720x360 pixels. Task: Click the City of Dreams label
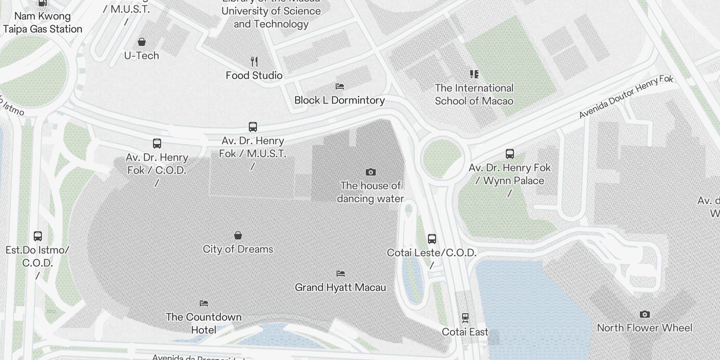click(238, 249)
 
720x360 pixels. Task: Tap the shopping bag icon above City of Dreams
click(238, 235)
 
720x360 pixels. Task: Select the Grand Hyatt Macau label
click(340, 288)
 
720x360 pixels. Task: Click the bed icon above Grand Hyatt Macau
click(341, 273)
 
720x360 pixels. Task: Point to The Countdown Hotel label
click(203, 323)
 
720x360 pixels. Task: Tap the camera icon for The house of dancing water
click(370, 172)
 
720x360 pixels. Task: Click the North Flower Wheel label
click(644, 328)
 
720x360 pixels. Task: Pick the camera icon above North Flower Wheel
click(644, 314)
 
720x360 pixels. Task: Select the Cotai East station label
click(465, 332)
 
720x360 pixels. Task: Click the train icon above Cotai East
click(465, 318)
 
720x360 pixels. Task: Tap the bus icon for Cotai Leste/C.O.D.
click(432, 238)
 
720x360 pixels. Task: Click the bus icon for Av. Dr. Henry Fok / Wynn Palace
click(510, 154)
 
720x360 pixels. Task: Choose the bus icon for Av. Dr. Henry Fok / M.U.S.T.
click(253, 127)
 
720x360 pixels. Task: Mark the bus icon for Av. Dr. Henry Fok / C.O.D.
click(157, 144)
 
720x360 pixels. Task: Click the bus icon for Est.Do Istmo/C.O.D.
click(38, 236)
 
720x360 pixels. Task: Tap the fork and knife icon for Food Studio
click(254, 61)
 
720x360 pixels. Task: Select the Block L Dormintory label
click(339, 100)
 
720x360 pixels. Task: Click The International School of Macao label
click(474, 94)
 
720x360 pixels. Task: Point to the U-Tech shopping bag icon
click(142, 42)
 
